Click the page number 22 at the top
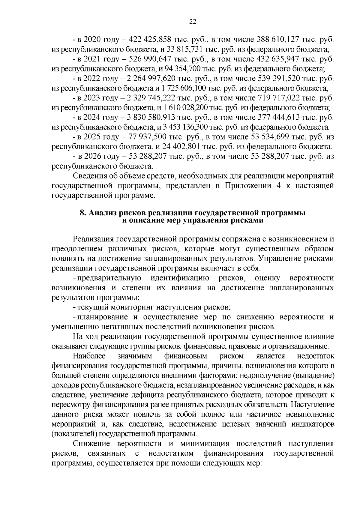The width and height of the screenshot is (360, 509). coord(193,21)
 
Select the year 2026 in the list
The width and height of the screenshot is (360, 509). coord(91,156)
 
